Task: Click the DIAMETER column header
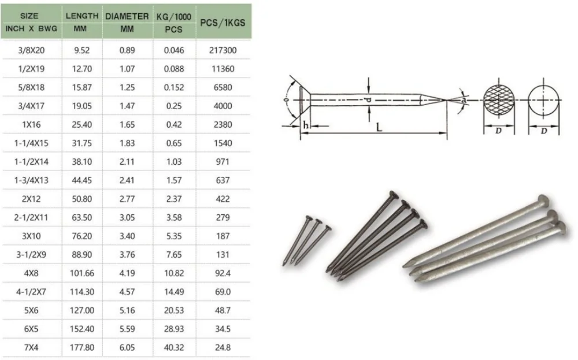127,17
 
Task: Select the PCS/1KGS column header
223,23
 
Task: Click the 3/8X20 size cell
31,50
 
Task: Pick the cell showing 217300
223,50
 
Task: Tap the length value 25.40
81,125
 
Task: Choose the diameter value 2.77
127,199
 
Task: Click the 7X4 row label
31,347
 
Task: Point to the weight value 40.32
174,347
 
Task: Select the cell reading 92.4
223,273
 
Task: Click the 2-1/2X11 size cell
31,218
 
